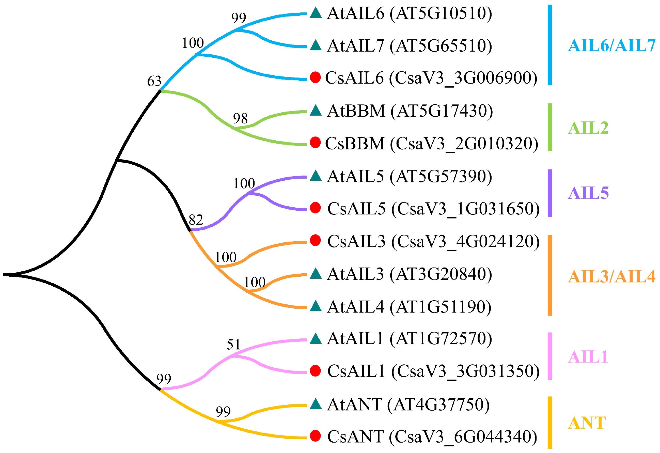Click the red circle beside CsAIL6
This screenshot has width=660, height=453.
pos(315,77)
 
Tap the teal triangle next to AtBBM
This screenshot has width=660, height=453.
pos(315,111)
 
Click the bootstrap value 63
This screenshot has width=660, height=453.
pos(154,82)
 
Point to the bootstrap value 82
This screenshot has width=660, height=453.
pos(196,220)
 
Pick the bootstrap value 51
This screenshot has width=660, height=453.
pos(233,345)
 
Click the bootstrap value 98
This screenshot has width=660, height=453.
pos(240,118)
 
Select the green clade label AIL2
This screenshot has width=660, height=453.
pos(588,128)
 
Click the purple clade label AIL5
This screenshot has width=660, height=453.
pos(588,193)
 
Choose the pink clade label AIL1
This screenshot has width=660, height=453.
pos(588,357)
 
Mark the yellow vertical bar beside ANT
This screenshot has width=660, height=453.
pos(550,422)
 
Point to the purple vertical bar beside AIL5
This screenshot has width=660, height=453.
pos(550,193)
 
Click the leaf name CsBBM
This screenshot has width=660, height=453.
pos(355,144)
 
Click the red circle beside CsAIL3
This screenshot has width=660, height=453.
pos(315,241)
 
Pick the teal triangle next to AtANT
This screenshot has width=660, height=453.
pos(315,404)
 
